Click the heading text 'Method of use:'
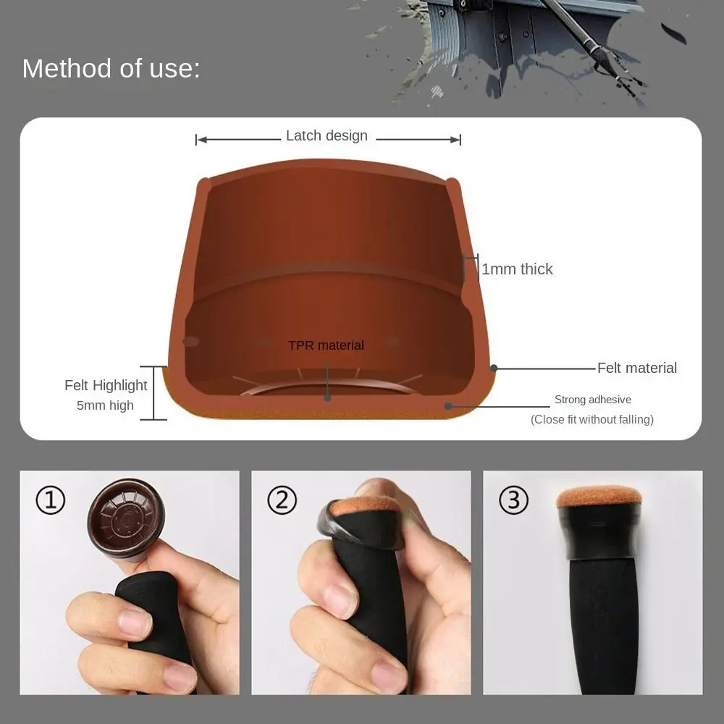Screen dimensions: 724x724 click(111, 69)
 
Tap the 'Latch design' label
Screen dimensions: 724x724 click(327, 136)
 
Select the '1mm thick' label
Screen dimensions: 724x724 click(517, 269)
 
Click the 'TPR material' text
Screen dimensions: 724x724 click(326, 345)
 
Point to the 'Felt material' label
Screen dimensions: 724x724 click(637, 368)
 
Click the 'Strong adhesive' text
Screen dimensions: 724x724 click(593, 400)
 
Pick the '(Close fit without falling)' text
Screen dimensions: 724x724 click(592, 419)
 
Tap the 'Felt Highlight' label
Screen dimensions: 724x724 click(106, 386)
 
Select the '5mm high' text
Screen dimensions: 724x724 click(105, 405)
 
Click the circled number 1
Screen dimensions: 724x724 click(51, 500)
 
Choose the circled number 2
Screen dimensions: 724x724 click(282, 500)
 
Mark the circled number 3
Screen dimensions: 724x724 click(513, 500)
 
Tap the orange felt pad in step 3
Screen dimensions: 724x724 click(599, 498)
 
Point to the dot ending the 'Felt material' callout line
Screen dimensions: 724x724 click(494, 368)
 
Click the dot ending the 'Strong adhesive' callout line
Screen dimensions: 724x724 click(448, 406)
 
